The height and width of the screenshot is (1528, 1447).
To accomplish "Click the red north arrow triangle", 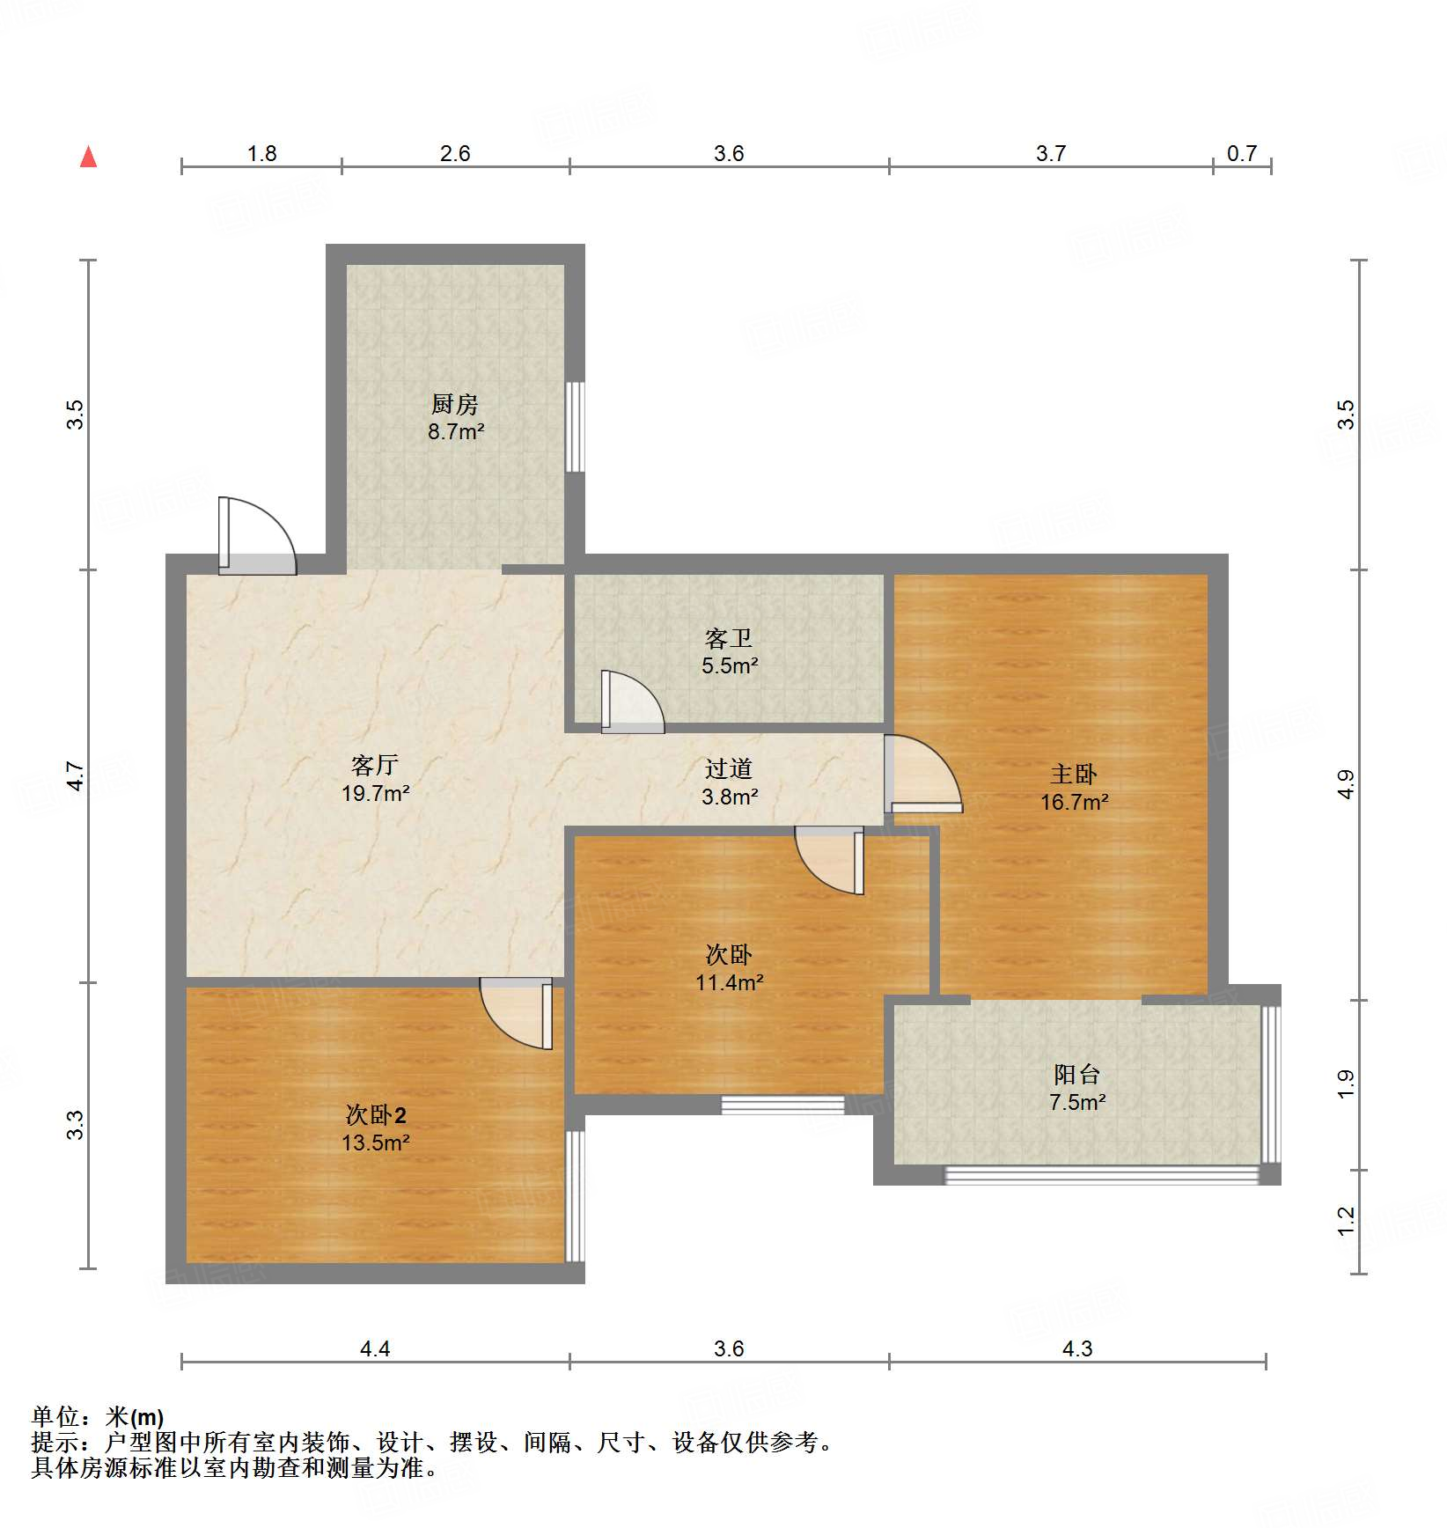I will pyautogui.click(x=88, y=157).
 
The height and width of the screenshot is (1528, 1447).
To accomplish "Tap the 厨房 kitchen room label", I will pyautogui.click(x=455, y=404).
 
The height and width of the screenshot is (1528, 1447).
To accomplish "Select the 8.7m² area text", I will pyautogui.click(x=456, y=432).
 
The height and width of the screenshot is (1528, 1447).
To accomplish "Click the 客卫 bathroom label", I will pyautogui.click(x=729, y=638).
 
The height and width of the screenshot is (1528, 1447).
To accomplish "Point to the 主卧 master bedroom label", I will pyautogui.click(x=1074, y=774).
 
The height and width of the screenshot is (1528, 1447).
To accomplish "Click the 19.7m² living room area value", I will pyautogui.click(x=376, y=793).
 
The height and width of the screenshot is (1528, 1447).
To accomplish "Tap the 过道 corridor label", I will pyautogui.click(x=729, y=768).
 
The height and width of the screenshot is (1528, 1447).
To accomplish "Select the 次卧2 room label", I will pyautogui.click(x=376, y=1115).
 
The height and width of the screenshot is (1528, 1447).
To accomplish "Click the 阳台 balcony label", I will pyautogui.click(x=1077, y=1074).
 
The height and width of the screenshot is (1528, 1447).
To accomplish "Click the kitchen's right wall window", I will pyautogui.click(x=575, y=427).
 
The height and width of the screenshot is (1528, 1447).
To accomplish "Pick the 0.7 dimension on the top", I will pyautogui.click(x=1242, y=153).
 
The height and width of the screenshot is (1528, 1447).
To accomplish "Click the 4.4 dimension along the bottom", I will pyautogui.click(x=375, y=1348).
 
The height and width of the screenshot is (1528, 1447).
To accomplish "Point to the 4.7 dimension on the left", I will pyautogui.click(x=76, y=775).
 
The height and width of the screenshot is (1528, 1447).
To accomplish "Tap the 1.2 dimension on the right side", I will pyautogui.click(x=1346, y=1221).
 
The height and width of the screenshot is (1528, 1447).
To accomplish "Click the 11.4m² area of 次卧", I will pyautogui.click(x=729, y=982).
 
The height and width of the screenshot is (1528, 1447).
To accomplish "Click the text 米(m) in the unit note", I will pyautogui.click(x=135, y=1417).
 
